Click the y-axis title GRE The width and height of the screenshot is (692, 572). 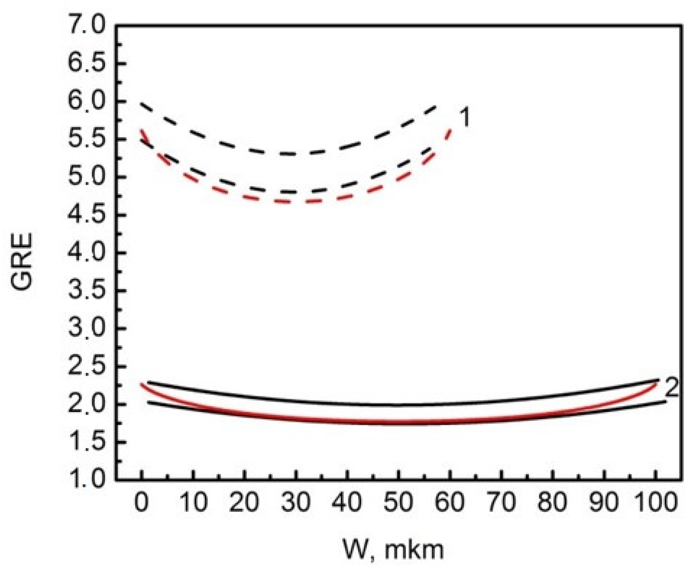click(22, 261)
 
